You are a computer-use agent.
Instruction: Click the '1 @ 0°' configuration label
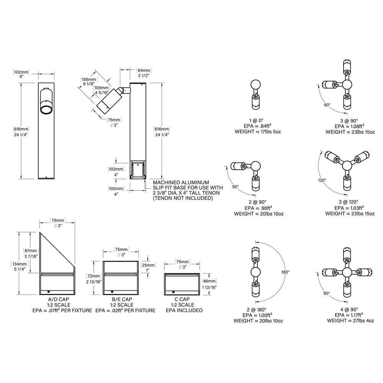click(x=256, y=120)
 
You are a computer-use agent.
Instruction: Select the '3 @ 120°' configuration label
click(x=348, y=202)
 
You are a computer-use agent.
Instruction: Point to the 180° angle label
click(x=285, y=272)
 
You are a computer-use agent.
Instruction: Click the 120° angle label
click(x=322, y=180)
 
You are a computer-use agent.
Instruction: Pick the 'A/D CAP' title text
click(x=59, y=299)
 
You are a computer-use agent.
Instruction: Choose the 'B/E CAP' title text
click(x=122, y=299)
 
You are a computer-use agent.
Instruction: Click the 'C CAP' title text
click(x=182, y=299)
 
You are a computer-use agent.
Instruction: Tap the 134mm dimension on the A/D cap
click(x=20, y=264)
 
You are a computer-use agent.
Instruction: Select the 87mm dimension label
click(x=31, y=250)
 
